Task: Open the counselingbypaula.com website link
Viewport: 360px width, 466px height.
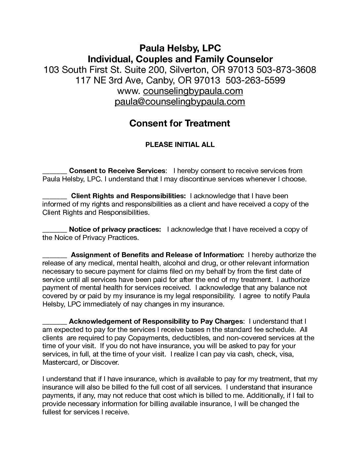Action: tap(193, 91)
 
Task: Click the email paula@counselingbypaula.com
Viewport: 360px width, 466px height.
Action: tap(180, 102)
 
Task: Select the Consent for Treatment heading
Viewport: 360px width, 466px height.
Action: tap(180, 123)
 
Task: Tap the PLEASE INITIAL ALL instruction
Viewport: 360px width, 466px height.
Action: tap(180, 145)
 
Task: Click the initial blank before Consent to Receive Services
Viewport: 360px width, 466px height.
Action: tap(55, 172)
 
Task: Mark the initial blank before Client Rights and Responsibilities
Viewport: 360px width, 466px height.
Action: tap(55, 197)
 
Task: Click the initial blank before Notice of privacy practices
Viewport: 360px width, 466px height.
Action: tap(55, 230)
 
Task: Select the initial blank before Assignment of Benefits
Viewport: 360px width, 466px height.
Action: tap(55, 256)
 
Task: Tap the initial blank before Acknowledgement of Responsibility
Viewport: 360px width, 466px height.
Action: tap(55, 322)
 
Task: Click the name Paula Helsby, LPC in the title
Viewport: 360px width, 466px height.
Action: tap(180, 48)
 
